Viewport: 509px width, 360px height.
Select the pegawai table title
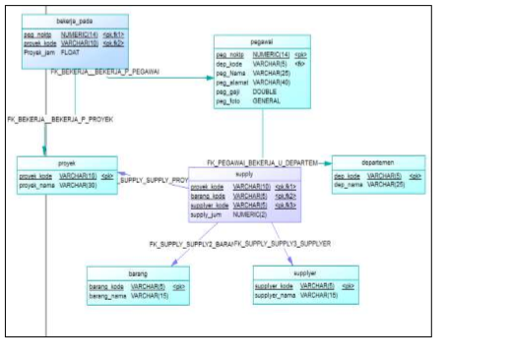pyautogui.click(x=262, y=44)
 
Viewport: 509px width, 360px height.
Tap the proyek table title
pyautogui.click(x=67, y=165)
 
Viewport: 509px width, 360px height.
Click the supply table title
pyautogui.click(x=244, y=173)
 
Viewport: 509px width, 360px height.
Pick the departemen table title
pyautogui.click(x=378, y=164)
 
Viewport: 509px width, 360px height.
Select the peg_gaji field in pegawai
pyautogui.click(x=230, y=90)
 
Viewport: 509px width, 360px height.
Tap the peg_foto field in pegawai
pyautogui.click(x=230, y=99)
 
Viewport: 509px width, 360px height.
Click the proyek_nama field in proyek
pyautogui.click(x=37, y=184)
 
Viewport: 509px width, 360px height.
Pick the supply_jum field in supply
pyautogui.click(x=209, y=213)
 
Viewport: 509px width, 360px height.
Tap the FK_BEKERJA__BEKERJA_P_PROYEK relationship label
pyautogui.click(x=60, y=119)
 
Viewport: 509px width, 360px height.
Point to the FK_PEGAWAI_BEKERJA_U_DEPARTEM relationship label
pyautogui.click(x=264, y=161)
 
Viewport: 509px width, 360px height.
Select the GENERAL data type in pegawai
pyautogui.click(x=267, y=99)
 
